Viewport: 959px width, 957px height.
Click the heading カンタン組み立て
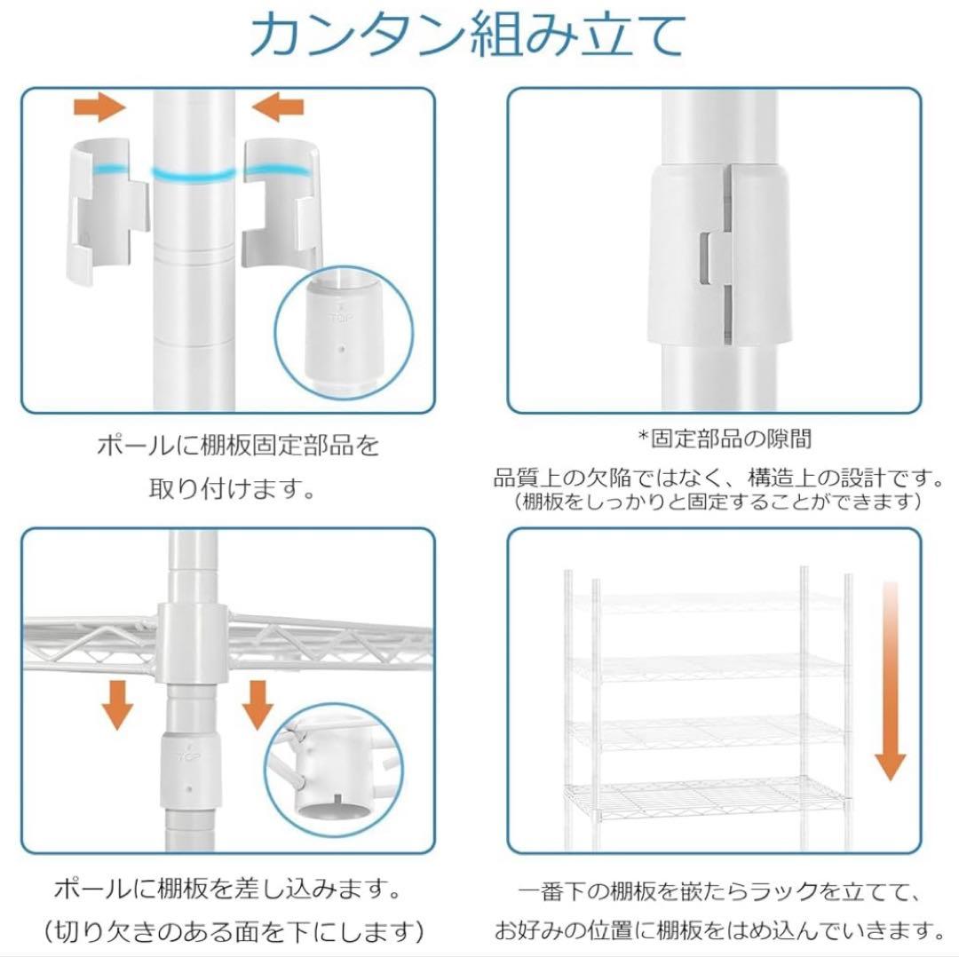point(468,36)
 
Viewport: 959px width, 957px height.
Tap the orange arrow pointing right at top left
point(99,108)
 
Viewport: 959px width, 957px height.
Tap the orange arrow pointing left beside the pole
point(277,108)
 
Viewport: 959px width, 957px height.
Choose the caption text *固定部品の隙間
point(724,439)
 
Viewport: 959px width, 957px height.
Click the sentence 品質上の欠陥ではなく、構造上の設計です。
point(719,478)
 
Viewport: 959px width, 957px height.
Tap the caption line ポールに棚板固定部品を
point(237,445)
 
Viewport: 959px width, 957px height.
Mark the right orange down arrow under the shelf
point(258,704)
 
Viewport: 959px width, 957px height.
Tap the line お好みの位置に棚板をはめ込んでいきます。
point(719,931)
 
